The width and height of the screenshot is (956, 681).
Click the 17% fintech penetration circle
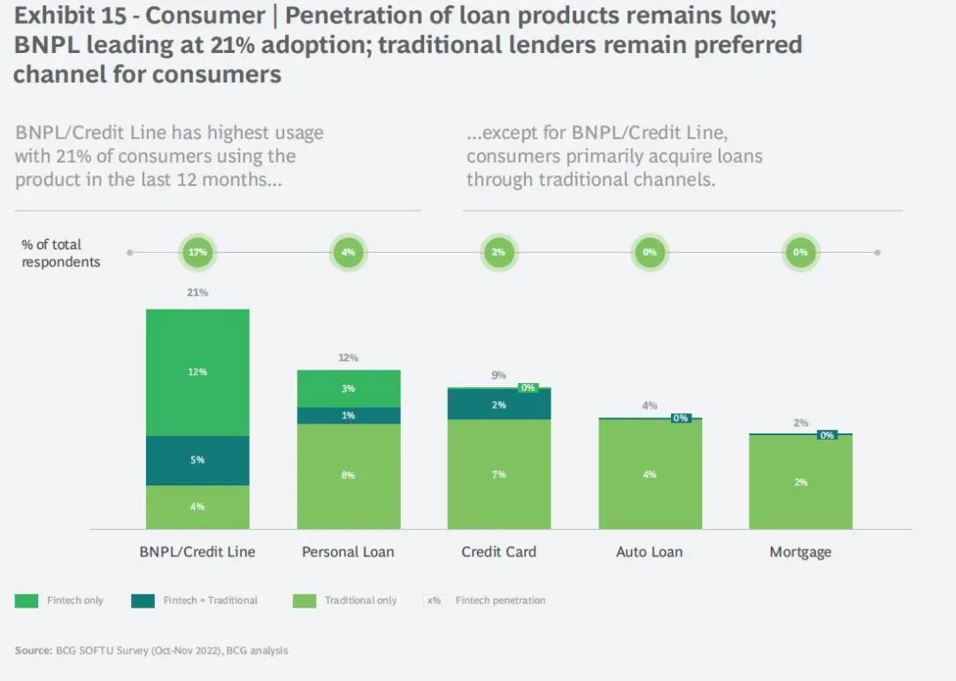(197, 252)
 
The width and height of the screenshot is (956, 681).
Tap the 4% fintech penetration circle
(348, 252)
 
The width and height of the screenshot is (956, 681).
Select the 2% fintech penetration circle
(498, 252)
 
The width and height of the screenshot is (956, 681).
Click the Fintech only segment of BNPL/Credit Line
(197, 372)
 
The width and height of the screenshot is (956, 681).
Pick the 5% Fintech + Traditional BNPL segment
(197, 460)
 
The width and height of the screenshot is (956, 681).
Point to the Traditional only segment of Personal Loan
(348, 476)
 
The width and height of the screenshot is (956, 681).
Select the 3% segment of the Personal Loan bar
(348, 388)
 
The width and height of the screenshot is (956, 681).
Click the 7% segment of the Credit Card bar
(498, 475)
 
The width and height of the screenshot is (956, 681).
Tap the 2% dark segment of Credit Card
(498, 404)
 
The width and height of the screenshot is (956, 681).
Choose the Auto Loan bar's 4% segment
(650, 474)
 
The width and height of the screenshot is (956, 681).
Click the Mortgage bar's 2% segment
(800, 482)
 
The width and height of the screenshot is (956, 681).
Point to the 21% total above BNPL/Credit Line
(197, 292)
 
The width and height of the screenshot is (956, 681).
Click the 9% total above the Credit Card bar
(498, 375)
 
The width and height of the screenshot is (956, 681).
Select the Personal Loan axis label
(348, 552)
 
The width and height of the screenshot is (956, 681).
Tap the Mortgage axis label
(800, 552)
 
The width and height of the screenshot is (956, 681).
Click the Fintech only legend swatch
(27, 601)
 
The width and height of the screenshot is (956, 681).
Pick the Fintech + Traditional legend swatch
(143, 601)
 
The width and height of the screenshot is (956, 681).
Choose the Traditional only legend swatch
(304, 601)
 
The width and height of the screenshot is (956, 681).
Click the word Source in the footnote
(31, 651)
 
